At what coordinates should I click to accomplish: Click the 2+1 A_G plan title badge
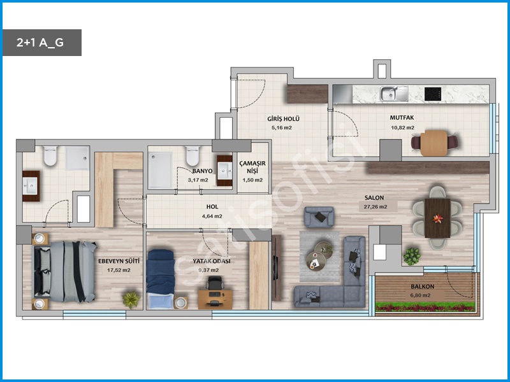tap(42, 43)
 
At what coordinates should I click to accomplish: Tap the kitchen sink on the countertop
tap(394, 94)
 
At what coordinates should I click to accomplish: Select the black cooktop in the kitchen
tap(433, 94)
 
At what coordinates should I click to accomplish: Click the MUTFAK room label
tap(402, 118)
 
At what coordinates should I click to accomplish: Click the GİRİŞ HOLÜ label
tap(283, 119)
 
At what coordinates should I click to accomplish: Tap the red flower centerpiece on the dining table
tap(437, 218)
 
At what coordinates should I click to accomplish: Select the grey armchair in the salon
tap(319, 216)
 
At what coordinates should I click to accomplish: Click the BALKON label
tap(422, 286)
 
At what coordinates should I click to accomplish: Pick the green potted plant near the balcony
tap(412, 257)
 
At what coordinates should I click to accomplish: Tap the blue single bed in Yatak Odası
tap(161, 279)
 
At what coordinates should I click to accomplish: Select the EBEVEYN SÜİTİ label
tap(119, 261)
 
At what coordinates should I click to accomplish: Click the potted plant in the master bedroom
tap(131, 299)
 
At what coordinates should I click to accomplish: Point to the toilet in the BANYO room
tap(193, 155)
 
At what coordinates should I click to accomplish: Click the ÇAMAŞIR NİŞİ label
tap(252, 167)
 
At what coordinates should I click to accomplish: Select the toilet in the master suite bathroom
tap(50, 155)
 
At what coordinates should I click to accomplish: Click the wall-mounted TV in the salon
tap(276, 267)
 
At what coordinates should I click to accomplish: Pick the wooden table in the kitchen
tap(434, 143)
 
